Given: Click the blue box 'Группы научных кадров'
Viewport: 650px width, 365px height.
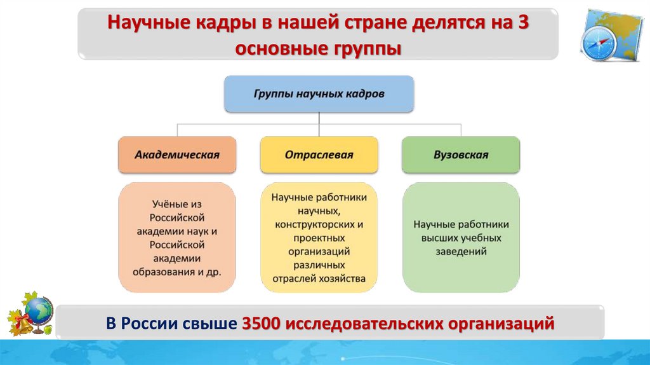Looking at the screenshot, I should (x=319, y=93).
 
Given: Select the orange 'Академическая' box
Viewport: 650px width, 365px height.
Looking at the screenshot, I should (x=176, y=155).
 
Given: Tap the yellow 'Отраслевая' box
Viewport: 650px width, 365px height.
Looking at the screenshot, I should (x=319, y=155).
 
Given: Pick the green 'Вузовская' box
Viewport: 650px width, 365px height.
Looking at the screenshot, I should (x=461, y=155).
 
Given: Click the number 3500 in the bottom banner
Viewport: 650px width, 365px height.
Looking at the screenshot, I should (x=262, y=323).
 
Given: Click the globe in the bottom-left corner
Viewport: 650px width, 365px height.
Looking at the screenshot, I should (x=40, y=312).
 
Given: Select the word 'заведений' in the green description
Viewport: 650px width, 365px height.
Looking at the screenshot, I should (x=461, y=251).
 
